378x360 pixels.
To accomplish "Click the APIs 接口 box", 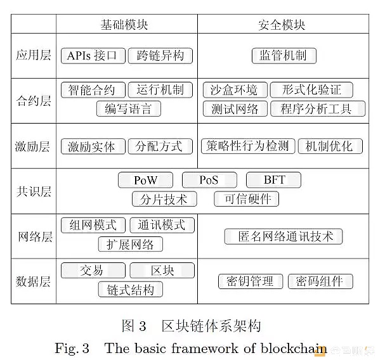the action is coord(93,56).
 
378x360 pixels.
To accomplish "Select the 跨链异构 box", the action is coord(160,56).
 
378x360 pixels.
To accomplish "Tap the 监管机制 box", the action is coord(284,56).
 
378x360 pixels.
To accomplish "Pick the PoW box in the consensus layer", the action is coord(146,180).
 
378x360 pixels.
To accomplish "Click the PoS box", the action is coord(209,180).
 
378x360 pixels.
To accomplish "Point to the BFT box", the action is coord(273,180).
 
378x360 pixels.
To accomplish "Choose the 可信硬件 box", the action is coord(246,199).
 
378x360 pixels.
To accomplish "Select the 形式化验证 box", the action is coord(311,90).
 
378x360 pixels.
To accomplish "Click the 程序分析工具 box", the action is coord(318,108).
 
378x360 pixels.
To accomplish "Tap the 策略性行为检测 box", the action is coord(248,146).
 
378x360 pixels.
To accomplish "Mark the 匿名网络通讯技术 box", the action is coord(283,236).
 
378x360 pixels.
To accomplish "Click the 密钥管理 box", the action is coord(251,281).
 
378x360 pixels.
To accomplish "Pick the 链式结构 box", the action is coord(131,290).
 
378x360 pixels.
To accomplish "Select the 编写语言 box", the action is coord(129,108).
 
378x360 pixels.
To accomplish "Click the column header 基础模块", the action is coord(124,25).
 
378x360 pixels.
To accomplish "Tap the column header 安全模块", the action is coord(282,25).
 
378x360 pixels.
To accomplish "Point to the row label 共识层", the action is coord(34,191).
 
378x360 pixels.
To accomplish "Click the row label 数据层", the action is coord(33,281).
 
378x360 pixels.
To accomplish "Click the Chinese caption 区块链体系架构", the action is coord(211,326).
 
